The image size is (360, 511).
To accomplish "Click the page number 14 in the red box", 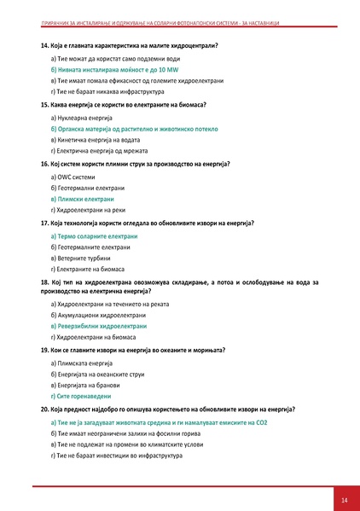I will click(x=344, y=498).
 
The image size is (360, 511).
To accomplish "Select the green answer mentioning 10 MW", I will click(x=107, y=67).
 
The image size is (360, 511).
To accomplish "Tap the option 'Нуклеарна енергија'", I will click(x=85, y=116).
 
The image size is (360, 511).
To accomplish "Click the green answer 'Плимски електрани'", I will click(x=87, y=198).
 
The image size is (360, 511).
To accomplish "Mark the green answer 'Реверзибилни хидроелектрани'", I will click(x=102, y=327).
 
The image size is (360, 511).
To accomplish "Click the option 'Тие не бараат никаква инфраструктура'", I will click(x=107, y=90).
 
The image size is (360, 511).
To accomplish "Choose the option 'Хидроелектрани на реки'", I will click(x=91, y=209).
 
